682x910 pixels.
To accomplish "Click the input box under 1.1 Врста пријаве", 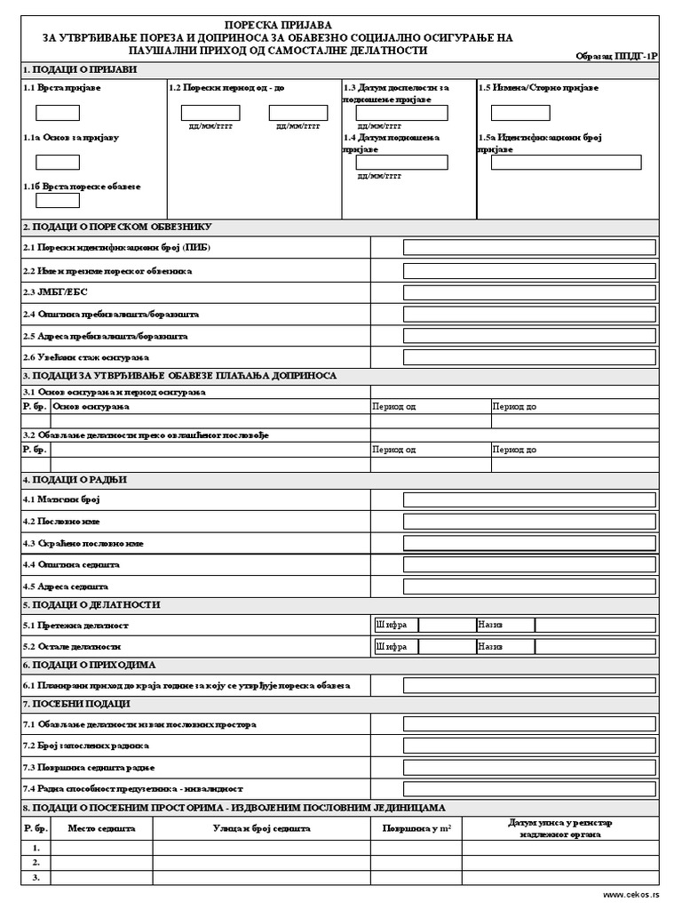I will (x=58, y=113).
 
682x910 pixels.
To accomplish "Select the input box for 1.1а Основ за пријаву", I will (x=58, y=163).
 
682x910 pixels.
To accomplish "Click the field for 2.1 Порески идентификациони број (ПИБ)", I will (x=529, y=247).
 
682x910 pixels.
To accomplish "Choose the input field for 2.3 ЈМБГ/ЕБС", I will (x=529, y=292).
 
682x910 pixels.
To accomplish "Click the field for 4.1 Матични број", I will (x=529, y=499).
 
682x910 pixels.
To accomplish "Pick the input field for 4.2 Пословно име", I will (x=529, y=522).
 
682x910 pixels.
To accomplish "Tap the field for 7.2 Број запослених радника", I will (x=529, y=746).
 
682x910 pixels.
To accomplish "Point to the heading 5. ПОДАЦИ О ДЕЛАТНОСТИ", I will (x=92, y=604).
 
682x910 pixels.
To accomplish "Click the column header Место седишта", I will (x=102, y=828).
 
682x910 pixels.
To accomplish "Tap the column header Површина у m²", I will (x=416, y=828).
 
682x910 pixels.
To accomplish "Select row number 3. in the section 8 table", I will (x=36, y=878).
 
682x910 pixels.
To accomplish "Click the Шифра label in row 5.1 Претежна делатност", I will (x=392, y=626).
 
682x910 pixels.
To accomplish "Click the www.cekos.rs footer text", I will (x=631, y=895).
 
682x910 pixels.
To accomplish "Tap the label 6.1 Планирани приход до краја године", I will (x=186, y=685).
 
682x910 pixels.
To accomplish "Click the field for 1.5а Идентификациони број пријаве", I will (x=559, y=163).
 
